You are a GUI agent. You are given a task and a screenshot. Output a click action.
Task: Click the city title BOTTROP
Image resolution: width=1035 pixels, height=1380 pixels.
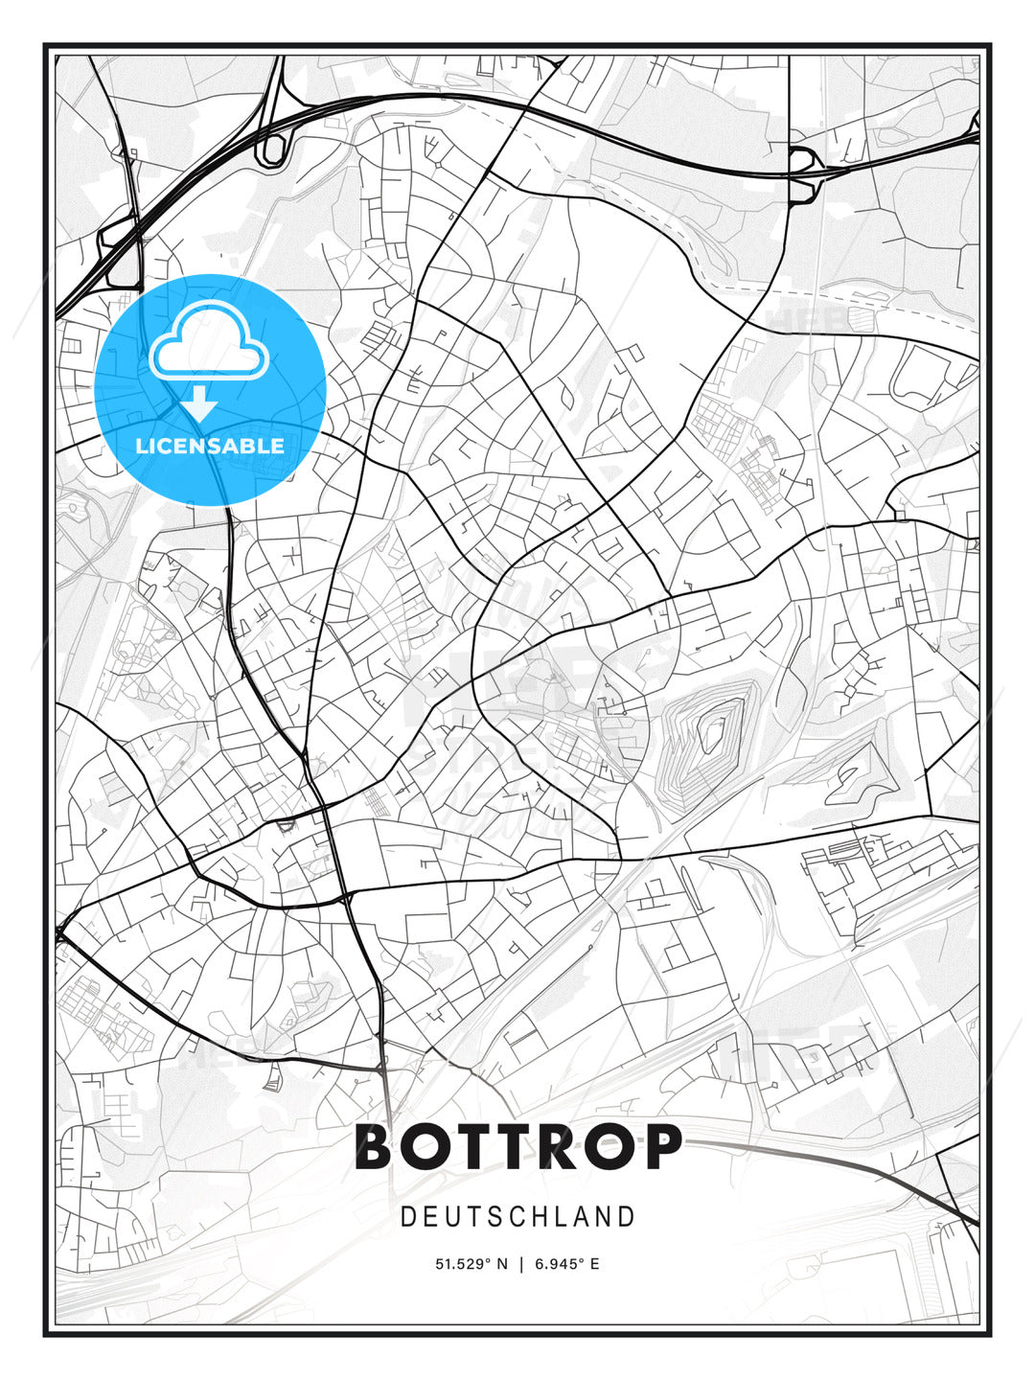[x=518, y=1147]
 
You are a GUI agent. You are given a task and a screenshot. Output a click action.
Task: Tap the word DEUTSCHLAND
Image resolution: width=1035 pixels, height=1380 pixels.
[x=517, y=1217]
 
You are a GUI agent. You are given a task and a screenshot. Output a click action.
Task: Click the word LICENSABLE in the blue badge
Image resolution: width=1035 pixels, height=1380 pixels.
[x=210, y=446]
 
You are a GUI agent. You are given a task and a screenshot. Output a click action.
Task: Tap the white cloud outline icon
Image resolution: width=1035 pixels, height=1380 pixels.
[x=208, y=342]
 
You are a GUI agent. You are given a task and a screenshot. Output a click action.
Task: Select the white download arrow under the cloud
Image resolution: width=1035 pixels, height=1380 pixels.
[x=199, y=403]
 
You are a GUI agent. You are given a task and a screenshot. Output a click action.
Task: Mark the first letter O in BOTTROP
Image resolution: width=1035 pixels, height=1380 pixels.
[x=426, y=1147]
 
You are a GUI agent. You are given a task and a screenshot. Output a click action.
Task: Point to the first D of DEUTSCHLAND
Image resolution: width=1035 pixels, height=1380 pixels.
[x=407, y=1217]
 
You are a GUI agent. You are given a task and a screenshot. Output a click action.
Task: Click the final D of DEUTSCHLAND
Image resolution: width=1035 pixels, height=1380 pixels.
[x=628, y=1217]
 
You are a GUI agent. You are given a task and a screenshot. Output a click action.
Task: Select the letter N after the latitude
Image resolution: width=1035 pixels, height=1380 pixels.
[x=502, y=1264]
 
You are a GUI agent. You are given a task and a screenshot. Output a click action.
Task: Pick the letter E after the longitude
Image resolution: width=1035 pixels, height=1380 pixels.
[x=594, y=1264]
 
